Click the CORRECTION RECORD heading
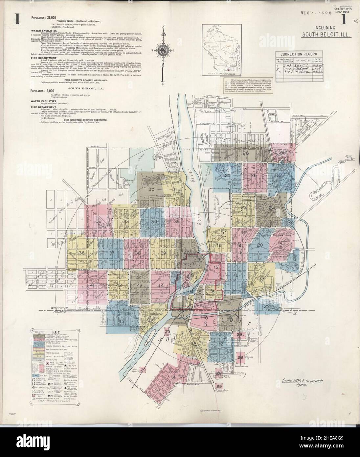[x=299, y=54]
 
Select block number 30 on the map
[x=151, y=189]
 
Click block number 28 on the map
[x=245, y=154]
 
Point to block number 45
[x=122, y=321]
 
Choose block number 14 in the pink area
[x=173, y=377]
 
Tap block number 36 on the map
[x=82, y=253]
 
